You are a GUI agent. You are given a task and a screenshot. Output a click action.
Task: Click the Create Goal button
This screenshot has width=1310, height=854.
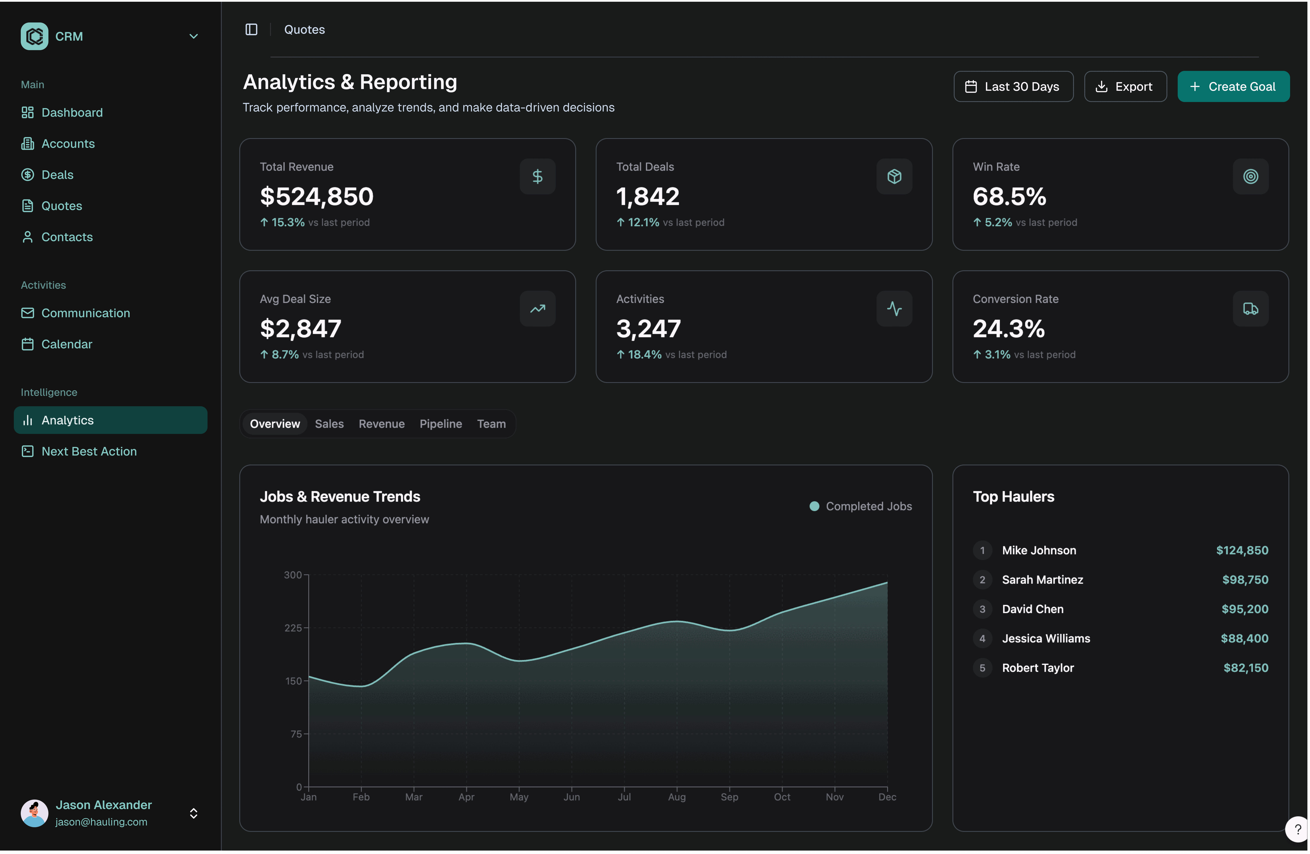point(1233,86)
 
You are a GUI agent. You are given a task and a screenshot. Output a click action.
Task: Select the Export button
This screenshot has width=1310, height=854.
point(1125,86)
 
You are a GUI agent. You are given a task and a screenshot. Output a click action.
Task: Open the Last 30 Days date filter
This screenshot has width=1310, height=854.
point(1013,86)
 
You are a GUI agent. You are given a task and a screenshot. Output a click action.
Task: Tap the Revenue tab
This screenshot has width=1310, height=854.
point(382,424)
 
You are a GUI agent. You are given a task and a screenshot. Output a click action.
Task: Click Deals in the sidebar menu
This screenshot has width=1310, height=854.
point(57,174)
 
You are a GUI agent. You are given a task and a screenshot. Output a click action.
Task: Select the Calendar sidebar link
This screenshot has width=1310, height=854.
point(67,344)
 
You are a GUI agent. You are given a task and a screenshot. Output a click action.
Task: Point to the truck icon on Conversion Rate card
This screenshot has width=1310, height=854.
point(1251,309)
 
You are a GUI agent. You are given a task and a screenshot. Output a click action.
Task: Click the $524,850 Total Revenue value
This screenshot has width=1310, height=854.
point(316,196)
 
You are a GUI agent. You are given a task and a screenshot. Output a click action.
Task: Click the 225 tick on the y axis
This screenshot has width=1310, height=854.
point(293,628)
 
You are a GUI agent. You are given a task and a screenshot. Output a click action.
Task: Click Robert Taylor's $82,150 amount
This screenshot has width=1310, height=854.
point(1246,668)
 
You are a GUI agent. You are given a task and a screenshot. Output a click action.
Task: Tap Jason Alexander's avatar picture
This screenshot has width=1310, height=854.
point(34,813)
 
